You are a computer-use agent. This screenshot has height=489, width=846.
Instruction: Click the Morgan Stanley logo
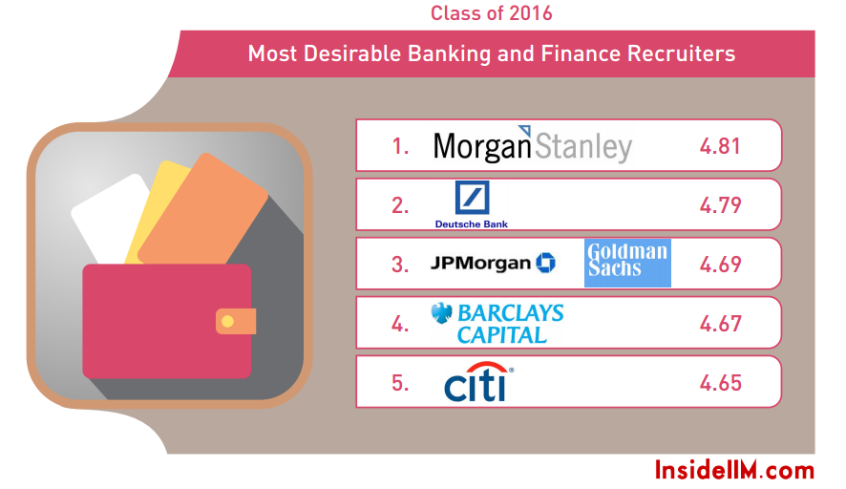point(532,145)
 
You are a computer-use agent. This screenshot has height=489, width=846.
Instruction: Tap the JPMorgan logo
point(493,263)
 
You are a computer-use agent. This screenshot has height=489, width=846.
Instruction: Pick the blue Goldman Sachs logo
point(627,263)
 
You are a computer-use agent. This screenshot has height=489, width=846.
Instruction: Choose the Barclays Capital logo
point(497,324)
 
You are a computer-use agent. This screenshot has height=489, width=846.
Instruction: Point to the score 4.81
point(720,146)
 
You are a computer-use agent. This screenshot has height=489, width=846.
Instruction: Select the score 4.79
point(720,205)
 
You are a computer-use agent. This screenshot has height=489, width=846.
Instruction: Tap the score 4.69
point(720,265)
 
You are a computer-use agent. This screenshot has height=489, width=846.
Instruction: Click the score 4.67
point(720,324)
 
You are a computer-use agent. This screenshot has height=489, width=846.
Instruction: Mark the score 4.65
point(720,383)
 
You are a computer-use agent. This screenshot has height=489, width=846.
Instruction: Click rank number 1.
point(400,146)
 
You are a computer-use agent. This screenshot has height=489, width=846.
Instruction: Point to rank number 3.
point(400,265)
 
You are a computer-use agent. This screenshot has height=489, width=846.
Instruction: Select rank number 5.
point(400,383)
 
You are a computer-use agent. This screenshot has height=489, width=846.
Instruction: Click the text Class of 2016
point(491,13)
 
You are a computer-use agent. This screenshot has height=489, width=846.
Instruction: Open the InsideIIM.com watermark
point(734,470)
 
